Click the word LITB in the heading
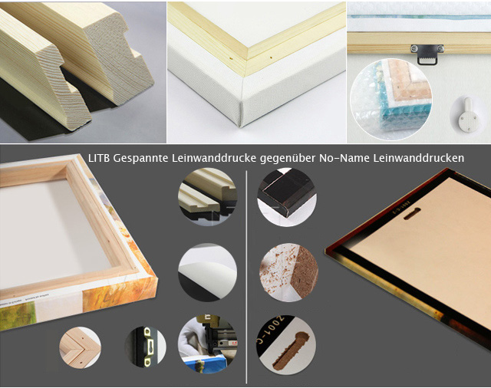pos(99,158)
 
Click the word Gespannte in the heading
pos(140,159)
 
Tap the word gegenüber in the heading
pos(288,159)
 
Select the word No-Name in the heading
pos(344,158)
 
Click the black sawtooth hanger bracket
pos(427,54)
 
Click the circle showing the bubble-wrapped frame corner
pos(391,100)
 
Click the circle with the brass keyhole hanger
pos(145,347)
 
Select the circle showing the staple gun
pos(208,344)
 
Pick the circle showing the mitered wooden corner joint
pos(80,347)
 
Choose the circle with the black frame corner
pos(287,197)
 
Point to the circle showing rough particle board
pos(288,272)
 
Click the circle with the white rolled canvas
pos(208,272)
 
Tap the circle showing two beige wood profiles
pos(208,197)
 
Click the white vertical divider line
pos(246,277)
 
